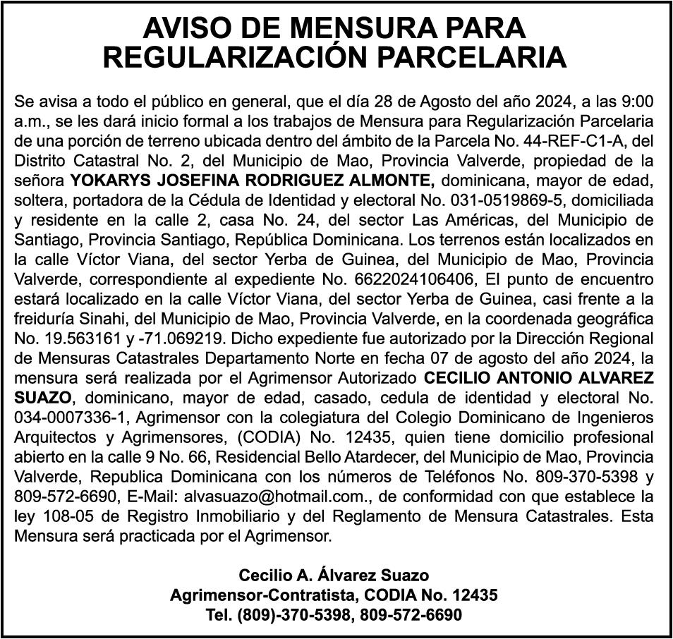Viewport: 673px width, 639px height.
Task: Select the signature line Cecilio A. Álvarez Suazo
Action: [334, 576]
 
